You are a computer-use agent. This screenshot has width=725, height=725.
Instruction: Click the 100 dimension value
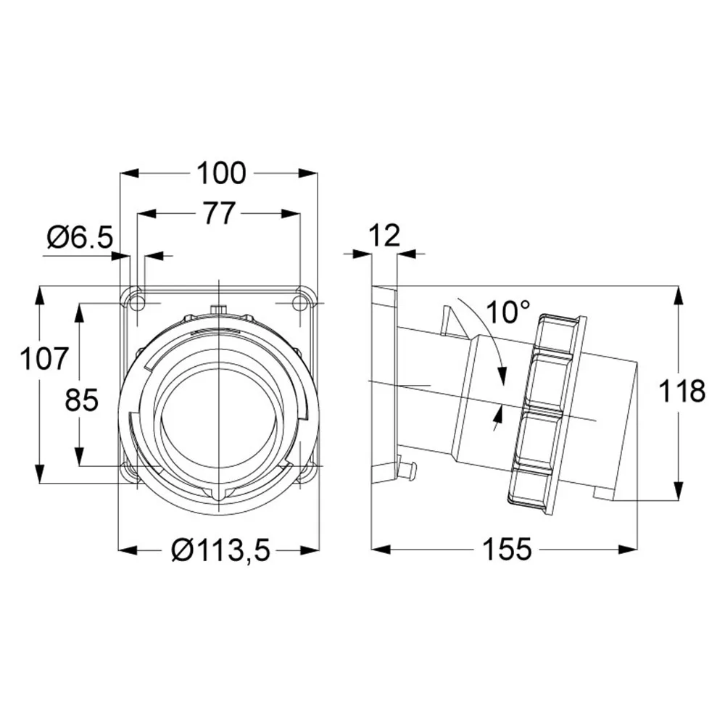pyautogui.click(x=221, y=173)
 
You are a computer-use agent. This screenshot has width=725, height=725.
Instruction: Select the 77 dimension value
pyautogui.click(x=220, y=213)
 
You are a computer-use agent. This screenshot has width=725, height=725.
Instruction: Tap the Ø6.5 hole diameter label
pyautogui.click(x=80, y=238)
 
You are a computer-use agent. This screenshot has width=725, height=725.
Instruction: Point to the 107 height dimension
pyautogui.click(x=44, y=359)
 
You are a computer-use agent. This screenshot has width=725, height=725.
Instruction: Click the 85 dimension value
pyautogui.click(x=81, y=399)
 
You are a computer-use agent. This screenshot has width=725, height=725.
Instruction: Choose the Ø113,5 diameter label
pyautogui.click(x=220, y=550)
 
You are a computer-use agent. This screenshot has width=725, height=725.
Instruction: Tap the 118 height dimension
pyautogui.click(x=681, y=391)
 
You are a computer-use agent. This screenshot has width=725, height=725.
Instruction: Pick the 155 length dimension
pyautogui.click(x=507, y=550)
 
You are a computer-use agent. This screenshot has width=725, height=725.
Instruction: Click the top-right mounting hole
pyautogui.click(x=301, y=303)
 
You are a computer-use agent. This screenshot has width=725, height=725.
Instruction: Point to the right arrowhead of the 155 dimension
pyautogui.click(x=629, y=550)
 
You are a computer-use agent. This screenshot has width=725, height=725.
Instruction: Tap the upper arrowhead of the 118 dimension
pyautogui.click(x=679, y=297)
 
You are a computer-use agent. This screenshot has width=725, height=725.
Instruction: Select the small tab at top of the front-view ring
pyautogui.click(x=217, y=309)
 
